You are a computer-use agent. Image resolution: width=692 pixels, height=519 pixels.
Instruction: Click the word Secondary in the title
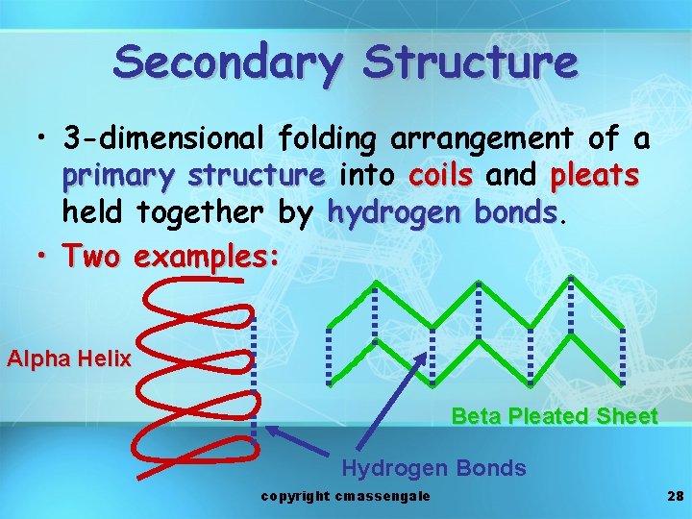click(x=227, y=63)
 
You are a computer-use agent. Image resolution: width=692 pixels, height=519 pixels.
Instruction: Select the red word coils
click(x=441, y=177)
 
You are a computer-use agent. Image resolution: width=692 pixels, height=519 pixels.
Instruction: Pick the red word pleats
click(x=595, y=177)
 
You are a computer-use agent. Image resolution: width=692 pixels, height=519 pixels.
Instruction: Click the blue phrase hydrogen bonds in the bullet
click(x=443, y=211)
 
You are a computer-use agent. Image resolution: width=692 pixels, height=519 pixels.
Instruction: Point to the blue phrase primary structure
click(x=193, y=177)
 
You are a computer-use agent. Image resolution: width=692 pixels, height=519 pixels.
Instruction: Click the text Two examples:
click(x=171, y=256)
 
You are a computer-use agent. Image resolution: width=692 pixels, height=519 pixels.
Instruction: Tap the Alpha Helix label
click(x=68, y=359)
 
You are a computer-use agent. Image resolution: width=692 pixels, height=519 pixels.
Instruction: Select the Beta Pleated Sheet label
click(x=555, y=416)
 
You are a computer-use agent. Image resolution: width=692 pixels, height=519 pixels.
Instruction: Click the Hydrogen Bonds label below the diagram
click(x=433, y=468)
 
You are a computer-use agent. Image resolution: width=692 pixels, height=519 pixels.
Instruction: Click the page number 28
click(x=674, y=496)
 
